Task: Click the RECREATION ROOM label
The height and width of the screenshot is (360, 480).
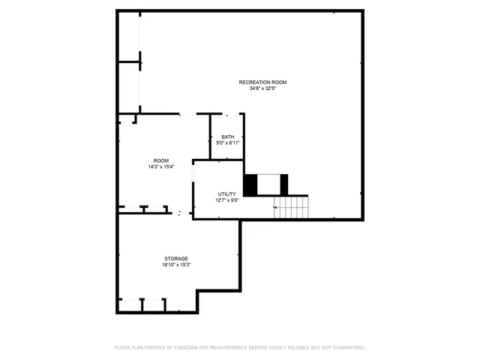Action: coord(262,82)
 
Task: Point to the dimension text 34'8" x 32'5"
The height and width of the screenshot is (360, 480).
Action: coord(262,88)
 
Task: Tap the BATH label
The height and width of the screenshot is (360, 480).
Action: coord(227,136)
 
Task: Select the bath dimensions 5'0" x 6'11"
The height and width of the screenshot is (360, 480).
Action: coord(227,142)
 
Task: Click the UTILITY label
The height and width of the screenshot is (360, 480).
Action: coord(227,194)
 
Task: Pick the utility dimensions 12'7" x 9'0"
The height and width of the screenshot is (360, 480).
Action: coord(227,200)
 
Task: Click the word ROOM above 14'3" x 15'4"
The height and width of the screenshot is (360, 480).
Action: coord(161,160)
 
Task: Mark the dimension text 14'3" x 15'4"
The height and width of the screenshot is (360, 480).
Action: coord(161,166)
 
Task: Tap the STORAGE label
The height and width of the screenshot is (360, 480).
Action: coord(177,259)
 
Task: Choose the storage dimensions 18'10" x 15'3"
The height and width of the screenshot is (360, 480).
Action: coord(177,265)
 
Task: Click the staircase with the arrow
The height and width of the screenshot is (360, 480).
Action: coord(291,207)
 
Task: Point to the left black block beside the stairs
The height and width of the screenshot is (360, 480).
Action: coord(251,184)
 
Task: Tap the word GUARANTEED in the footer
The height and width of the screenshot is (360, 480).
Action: coord(349,348)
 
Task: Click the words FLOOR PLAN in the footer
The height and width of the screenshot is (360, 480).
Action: coord(128,348)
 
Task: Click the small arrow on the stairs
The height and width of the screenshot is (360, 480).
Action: coord(276,207)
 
